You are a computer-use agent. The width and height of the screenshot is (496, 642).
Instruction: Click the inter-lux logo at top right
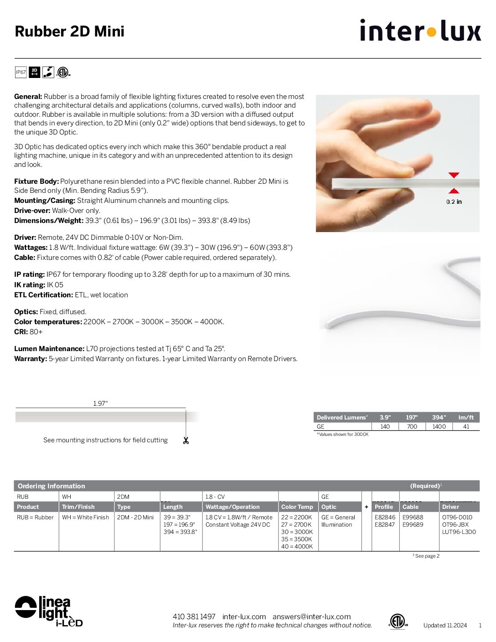pyautogui.click(x=420, y=31)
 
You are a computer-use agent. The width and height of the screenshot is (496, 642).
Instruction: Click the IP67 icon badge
pyautogui.click(x=21, y=72)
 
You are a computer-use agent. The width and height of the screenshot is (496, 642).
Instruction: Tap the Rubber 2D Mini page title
pyautogui.click(x=70, y=31)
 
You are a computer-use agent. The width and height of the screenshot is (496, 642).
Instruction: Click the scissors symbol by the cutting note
pyautogui.click(x=186, y=440)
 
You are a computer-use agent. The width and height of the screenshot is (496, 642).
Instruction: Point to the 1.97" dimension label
pyautogui.click(x=100, y=404)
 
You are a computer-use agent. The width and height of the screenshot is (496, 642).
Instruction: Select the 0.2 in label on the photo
pyautogui.click(x=454, y=202)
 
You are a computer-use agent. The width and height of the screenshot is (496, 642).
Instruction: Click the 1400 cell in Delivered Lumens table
pyautogui.click(x=439, y=427)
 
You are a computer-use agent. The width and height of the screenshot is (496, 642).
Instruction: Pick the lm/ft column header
pyautogui.click(x=466, y=417)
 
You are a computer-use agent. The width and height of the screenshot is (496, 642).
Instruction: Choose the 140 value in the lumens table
pyautogui.click(x=385, y=427)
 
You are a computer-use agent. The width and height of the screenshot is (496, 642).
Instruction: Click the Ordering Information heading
pyautogui.click(x=52, y=486)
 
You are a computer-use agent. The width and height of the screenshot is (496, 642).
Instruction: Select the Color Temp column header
pyautogui.click(x=297, y=507)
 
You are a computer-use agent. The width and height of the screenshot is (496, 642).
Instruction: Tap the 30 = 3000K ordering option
pyautogui.click(x=297, y=532)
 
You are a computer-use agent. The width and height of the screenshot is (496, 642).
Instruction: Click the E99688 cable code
pyautogui.click(x=413, y=518)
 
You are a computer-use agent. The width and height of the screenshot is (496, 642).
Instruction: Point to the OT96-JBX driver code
pyautogui.click(x=455, y=525)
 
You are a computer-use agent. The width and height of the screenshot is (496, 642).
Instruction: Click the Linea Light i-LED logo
pyautogui.click(x=49, y=611)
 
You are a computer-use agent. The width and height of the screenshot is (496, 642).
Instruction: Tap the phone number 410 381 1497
pyautogui.click(x=194, y=616)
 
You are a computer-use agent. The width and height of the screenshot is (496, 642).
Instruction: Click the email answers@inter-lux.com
pyautogui.click(x=311, y=616)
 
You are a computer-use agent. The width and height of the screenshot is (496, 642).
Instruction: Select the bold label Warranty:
pyautogui.click(x=31, y=359)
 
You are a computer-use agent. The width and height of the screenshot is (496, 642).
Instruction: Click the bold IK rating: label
pyautogui.click(x=30, y=285)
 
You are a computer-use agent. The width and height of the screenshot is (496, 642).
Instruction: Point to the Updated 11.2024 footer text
pyautogui.click(x=445, y=626)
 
